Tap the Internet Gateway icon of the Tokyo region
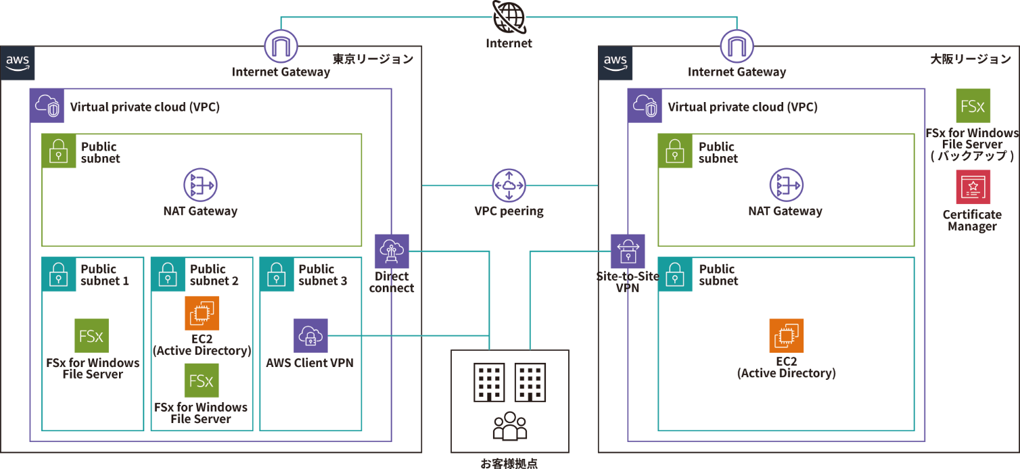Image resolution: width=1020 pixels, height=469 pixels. point(281,47)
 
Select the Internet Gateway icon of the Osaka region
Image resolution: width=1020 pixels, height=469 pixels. point(737,47)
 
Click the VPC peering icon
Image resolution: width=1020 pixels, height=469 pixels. point(509,185)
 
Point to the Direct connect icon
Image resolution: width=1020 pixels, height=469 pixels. point(392,251)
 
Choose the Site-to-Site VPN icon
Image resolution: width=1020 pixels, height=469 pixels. point(628,251)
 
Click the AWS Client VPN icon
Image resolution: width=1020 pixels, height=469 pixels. point(310,336)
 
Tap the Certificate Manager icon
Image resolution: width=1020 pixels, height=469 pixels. point(973,187)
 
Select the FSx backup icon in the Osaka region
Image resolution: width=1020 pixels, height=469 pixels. point(973,106)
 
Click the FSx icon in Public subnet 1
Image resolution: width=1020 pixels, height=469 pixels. point(92,336)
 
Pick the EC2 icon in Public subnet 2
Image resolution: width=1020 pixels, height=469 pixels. point(202,313)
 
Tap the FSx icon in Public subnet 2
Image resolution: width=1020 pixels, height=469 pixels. point(202,380)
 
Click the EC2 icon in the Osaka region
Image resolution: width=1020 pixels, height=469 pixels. point(786,336)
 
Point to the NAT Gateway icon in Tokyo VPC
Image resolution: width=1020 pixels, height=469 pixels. point(200,185)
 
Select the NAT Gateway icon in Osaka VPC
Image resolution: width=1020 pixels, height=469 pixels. point(786,185)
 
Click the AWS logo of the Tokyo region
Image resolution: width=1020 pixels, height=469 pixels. point(18,64)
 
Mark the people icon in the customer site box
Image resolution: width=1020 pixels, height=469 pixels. point(509,426)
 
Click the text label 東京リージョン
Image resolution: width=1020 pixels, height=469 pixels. point(373,59)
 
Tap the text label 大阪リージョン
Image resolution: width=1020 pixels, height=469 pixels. point(971,59)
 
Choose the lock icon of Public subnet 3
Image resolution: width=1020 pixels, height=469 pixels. point(276,274)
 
